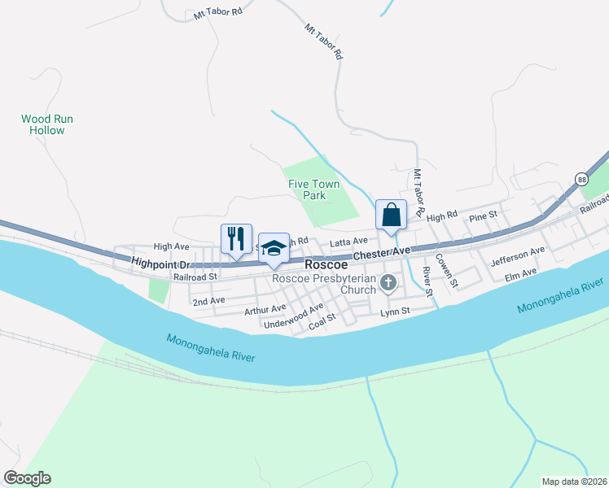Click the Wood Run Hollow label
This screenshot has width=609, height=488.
tap(46, 124)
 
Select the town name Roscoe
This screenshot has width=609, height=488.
tap(326, 265)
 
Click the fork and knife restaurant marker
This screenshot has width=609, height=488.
tap(236, 238)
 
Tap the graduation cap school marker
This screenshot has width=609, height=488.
tap(274, 248)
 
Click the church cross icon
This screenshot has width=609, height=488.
tap(389, 283)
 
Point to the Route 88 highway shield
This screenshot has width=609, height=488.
tap(581, 179)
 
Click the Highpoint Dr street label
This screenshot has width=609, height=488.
tap(160, 264)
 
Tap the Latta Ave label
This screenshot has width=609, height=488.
tap(348, 241)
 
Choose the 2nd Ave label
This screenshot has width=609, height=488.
tap(208, 301)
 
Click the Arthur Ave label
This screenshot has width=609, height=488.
tap(265, 309)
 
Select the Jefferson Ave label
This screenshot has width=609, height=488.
tap(517, 257)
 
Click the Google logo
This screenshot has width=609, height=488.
tap(27, 478)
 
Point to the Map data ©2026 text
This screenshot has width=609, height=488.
tap(573, 481)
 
